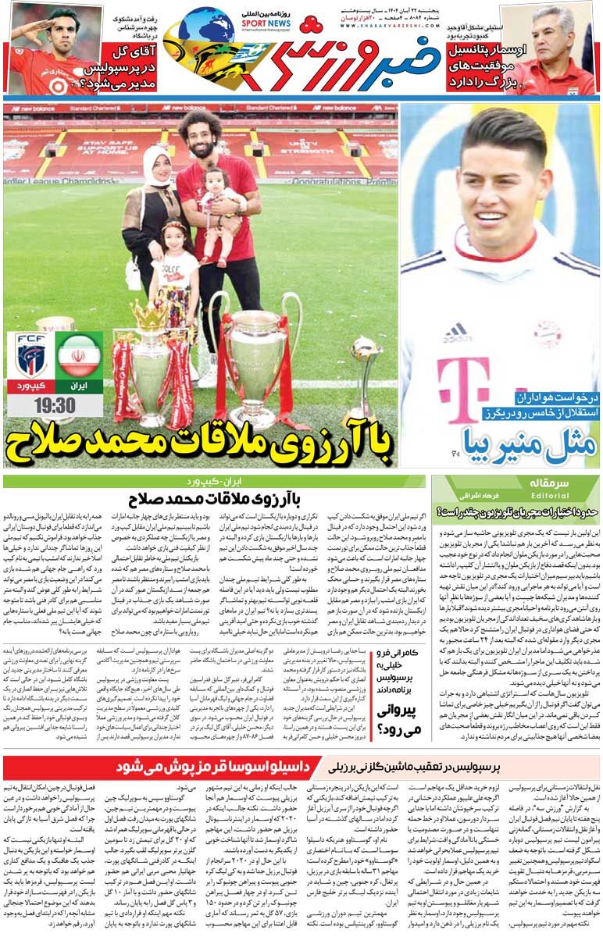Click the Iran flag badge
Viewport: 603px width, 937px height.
(x=78, y=356)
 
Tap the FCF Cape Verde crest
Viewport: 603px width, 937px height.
(x=30, y=356)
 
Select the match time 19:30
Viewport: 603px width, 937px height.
(x=55, y=405)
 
